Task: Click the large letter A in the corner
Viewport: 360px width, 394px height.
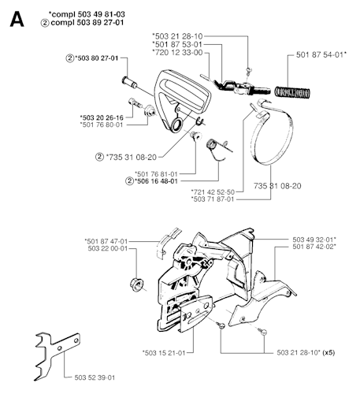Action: (x=17, y=20)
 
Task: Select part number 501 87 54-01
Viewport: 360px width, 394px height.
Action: (x=321, y=54)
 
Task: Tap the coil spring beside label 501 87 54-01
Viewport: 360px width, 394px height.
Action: (x=292, y=93)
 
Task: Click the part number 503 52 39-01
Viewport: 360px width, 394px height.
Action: (x=95, y=377)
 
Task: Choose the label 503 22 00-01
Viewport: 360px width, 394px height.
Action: (x=108, y=248)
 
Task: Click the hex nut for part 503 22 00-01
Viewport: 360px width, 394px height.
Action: (x=137, y=284)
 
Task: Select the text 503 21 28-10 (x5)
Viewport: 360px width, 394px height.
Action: (x=306, y=352)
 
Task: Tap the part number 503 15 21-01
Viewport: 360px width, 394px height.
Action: (x=164, y=353)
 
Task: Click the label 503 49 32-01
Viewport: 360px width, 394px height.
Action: (x=314, y=240)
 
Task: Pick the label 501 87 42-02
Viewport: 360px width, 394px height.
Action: (x=314, y=247)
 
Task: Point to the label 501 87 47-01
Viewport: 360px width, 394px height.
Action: (x=106, y=241)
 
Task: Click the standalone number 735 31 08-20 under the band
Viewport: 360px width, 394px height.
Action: (x=277, y=186)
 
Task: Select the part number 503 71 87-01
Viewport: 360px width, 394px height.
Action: (x=213, y=199)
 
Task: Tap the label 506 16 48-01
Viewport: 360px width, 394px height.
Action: (x=156, y=181)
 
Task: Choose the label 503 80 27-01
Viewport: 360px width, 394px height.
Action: (x=96, y=58)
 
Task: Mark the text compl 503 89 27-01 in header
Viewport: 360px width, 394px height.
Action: (x=87, y=22)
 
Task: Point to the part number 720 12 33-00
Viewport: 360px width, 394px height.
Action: (x=177, y=53)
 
